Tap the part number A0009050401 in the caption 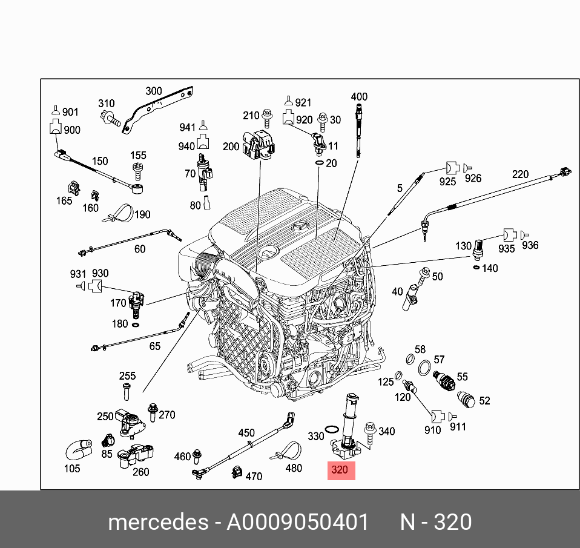click(298, 522)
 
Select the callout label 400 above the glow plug click(359, 97)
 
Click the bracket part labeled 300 click(157, 110)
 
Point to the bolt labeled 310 click(110, 119)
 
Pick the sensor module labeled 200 click(259, 145)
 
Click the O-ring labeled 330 click(331, 429)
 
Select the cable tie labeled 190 click(119, 214)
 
